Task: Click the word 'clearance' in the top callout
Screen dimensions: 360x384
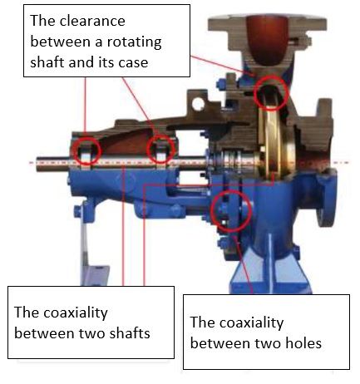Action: click(92, 21)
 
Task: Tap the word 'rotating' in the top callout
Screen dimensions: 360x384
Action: click(135, 42)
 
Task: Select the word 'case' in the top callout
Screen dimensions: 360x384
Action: click(133, 62)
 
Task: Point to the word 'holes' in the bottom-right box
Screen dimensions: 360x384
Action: click(304, 343)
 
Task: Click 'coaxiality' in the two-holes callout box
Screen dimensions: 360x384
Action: click(252, 323)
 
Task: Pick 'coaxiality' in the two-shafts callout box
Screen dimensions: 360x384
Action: click(76, 313)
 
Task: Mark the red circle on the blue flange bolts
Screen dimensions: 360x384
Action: click(231, 190)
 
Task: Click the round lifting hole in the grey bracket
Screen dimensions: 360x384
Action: click(198, 104)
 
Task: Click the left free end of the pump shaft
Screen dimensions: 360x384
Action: click(37, 165)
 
